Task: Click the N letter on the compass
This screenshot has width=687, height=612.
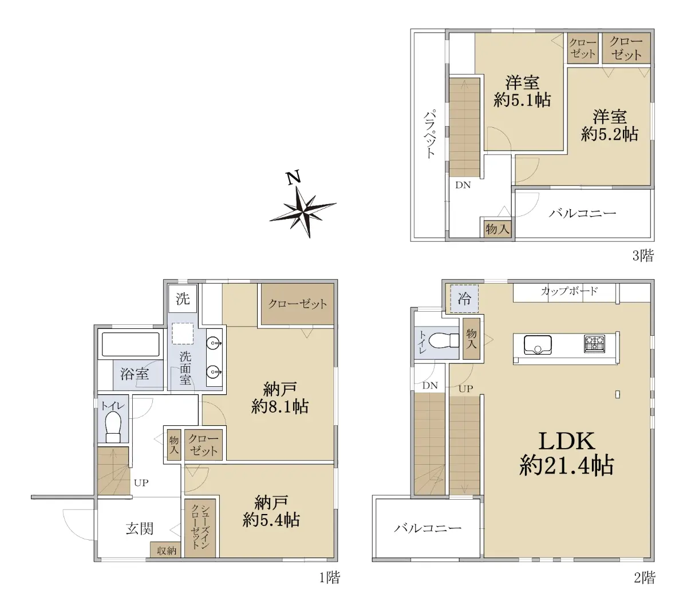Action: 293,178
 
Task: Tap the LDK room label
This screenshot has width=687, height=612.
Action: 566,440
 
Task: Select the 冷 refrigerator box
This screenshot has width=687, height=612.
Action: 464,299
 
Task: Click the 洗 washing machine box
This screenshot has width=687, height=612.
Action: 183,299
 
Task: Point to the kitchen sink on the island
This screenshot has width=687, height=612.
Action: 537,344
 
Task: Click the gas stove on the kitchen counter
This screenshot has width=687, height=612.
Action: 594,343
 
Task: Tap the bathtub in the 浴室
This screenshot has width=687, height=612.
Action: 131,344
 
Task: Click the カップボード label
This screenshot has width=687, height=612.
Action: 569,291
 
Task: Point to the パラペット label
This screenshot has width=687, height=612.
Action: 429,135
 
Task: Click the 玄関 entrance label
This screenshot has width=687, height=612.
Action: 139,528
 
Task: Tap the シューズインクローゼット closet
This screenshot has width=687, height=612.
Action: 200,528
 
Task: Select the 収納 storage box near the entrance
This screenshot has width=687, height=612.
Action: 166,550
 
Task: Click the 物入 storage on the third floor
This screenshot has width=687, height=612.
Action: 497,229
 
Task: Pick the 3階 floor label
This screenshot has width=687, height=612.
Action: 643,256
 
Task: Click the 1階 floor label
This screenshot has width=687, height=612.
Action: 329,577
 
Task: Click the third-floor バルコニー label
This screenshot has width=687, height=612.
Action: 582,213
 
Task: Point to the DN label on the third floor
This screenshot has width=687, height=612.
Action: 463,185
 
